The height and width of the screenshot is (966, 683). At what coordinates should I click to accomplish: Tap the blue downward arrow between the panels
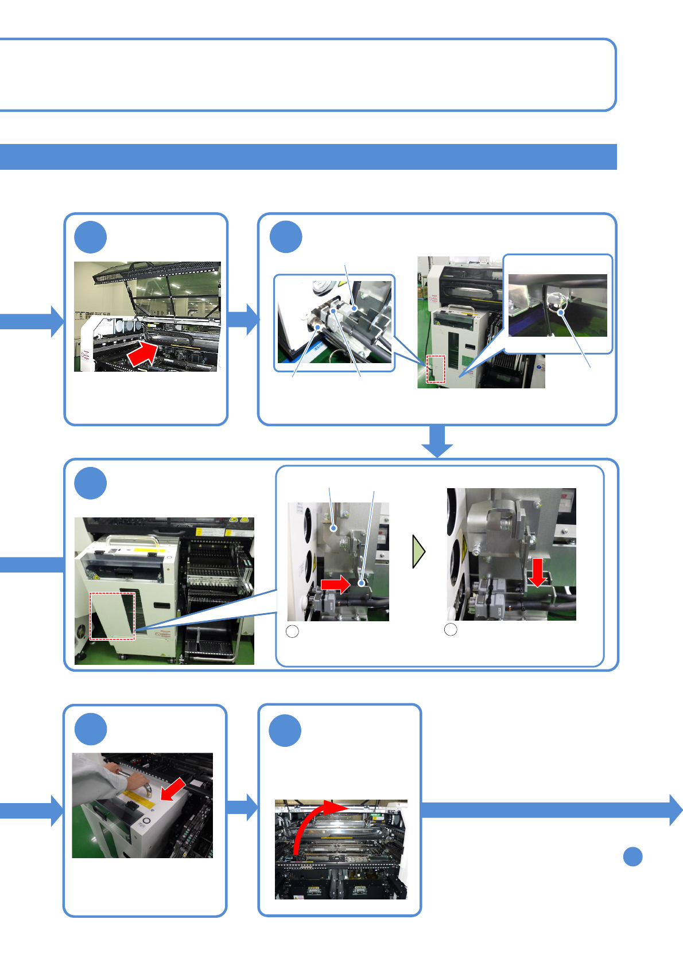437,442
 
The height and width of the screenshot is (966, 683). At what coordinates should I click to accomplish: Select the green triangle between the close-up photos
419,551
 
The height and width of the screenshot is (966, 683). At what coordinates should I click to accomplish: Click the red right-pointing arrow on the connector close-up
335,585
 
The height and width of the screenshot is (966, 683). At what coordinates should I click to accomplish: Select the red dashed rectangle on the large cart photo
112,616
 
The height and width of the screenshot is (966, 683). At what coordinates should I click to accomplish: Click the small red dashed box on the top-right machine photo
436,369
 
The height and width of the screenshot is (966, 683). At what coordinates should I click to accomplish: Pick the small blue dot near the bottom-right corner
632,856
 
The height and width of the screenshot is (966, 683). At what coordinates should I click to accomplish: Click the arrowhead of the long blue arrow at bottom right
676,810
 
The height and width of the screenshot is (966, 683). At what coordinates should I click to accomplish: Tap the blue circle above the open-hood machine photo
91,237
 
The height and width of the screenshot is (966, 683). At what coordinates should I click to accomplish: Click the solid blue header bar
308,157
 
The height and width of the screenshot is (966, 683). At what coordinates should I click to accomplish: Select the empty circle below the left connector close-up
292,632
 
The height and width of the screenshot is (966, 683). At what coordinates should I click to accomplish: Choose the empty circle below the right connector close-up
451,630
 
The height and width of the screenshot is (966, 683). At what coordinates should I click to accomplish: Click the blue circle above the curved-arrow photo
285,730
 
